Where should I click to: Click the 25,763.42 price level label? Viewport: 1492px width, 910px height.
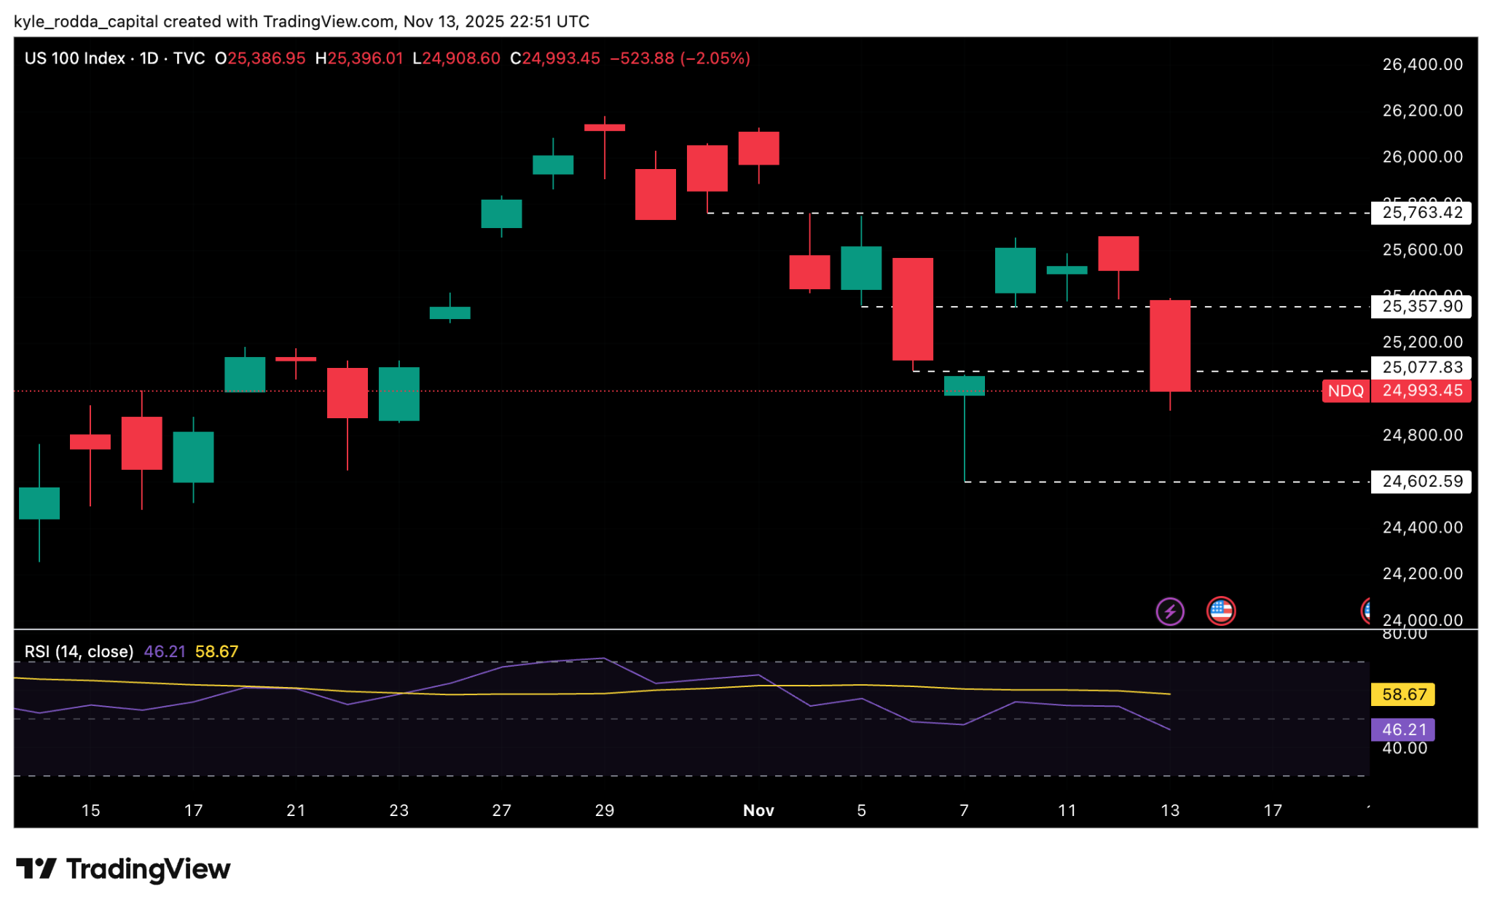pos(1421,213)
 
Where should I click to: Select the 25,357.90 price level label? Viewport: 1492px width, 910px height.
pos(1421,306)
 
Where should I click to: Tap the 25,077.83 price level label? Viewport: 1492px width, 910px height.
pos(1421,367)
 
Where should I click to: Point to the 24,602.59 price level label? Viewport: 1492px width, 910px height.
pos(1421,481)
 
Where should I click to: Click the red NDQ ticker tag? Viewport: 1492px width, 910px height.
pos(1345,391)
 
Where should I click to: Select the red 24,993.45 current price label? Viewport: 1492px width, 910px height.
pos(1421,391)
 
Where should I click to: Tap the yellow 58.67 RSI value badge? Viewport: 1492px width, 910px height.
pos(1403,694)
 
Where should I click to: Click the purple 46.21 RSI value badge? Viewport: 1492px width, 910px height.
pos(1403,729)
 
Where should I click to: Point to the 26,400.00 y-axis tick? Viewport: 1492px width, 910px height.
pos(1422,65)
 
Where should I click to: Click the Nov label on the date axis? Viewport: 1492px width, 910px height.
pos(758,810)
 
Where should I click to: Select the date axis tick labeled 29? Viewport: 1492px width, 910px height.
pos(605,810)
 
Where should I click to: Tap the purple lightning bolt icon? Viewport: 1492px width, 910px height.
pos(1170,611)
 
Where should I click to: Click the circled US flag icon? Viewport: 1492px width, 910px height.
pos(1221,611)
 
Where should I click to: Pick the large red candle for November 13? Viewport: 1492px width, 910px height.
pos(1170,346)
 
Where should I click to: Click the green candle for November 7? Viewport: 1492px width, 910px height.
pos(964,385)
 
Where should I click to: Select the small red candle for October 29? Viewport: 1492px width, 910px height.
pos(605,128)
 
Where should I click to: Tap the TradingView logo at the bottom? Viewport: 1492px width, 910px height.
pos(123,869)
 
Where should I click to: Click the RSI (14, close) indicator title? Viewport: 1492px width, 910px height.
pos(79,651)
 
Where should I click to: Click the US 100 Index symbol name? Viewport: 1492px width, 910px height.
pos(74,58)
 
